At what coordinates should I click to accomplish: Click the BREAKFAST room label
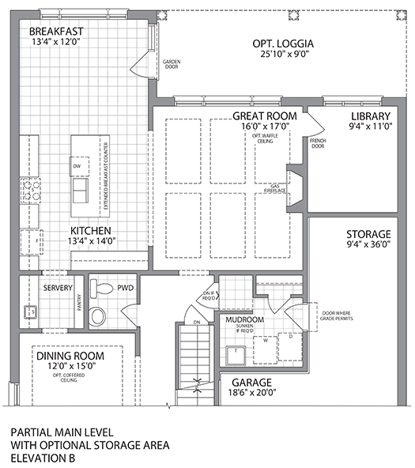56,32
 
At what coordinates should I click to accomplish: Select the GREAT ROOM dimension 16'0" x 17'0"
264,126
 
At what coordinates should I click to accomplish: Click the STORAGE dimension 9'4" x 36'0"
368,246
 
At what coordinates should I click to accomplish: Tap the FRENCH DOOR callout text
318,143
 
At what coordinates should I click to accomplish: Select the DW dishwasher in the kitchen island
77,168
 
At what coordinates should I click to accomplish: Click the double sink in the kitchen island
80,191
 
